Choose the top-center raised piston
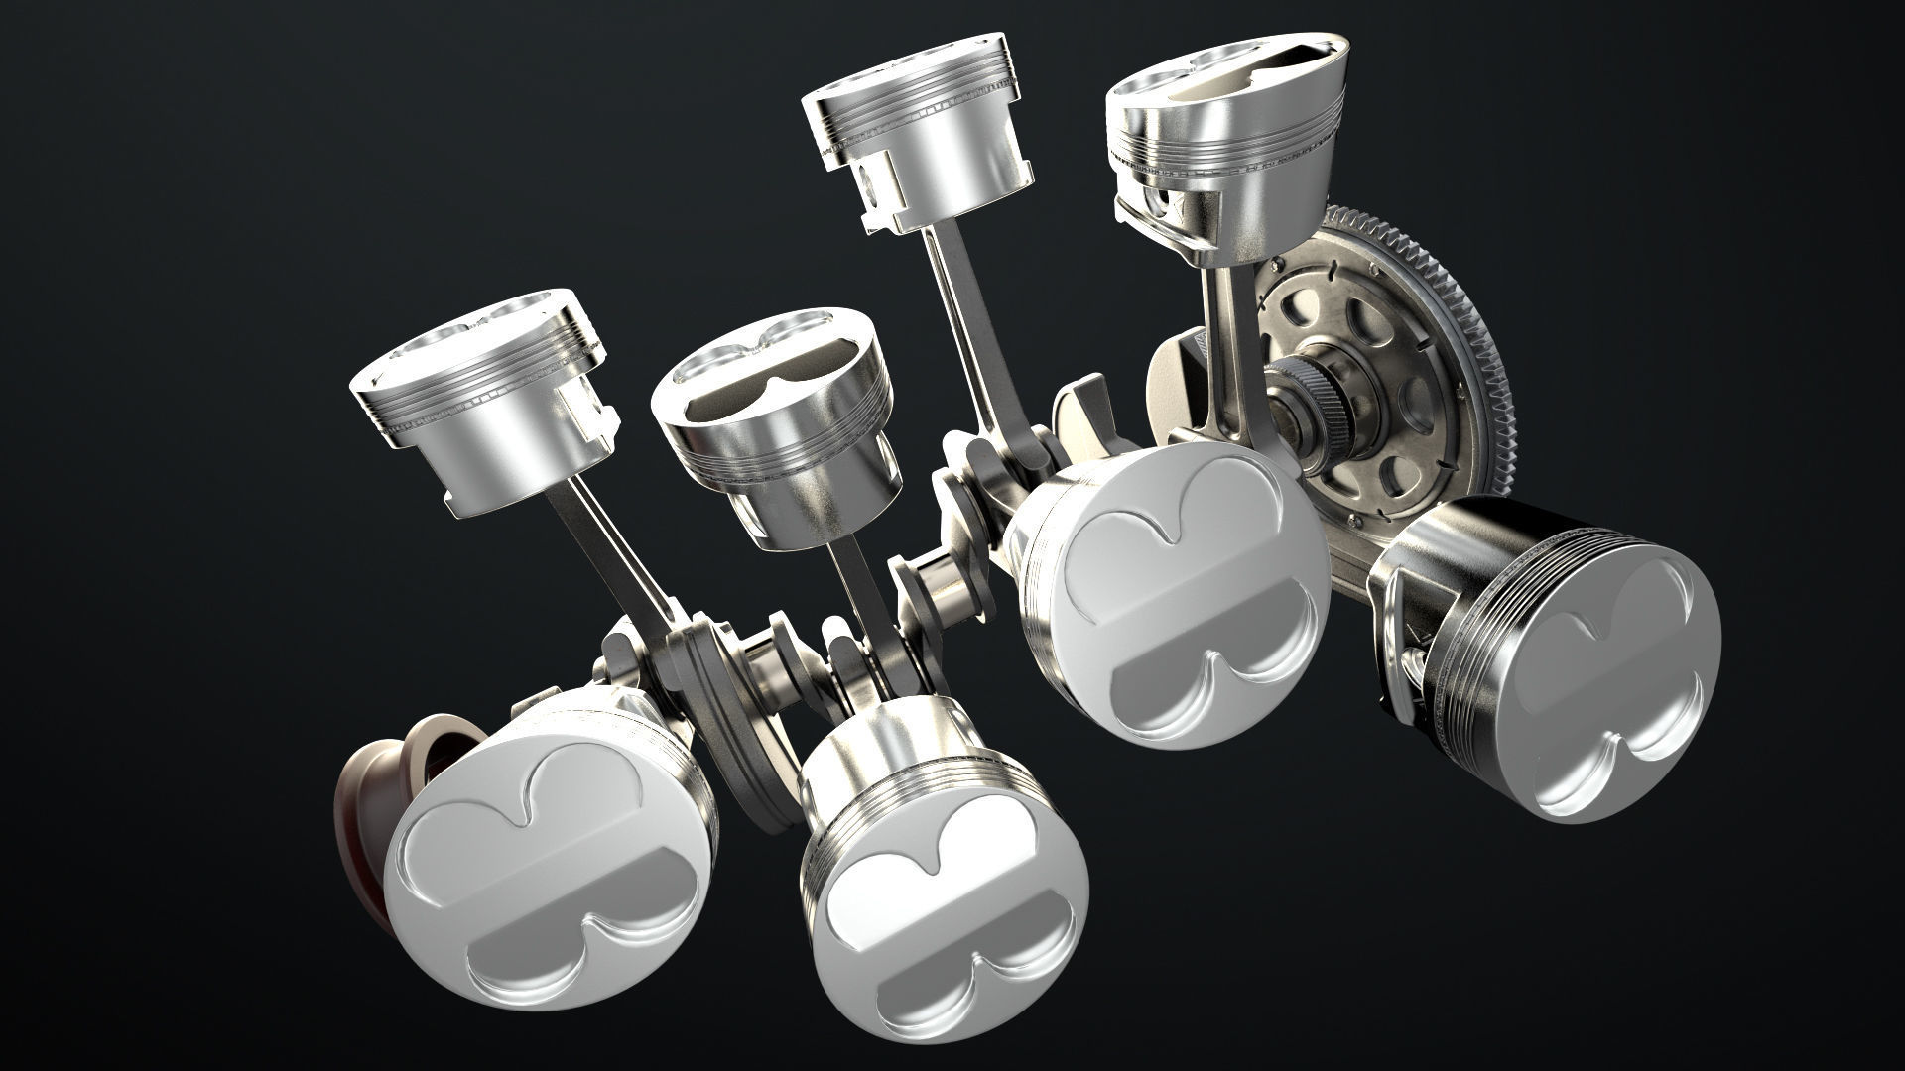coord(913,139)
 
